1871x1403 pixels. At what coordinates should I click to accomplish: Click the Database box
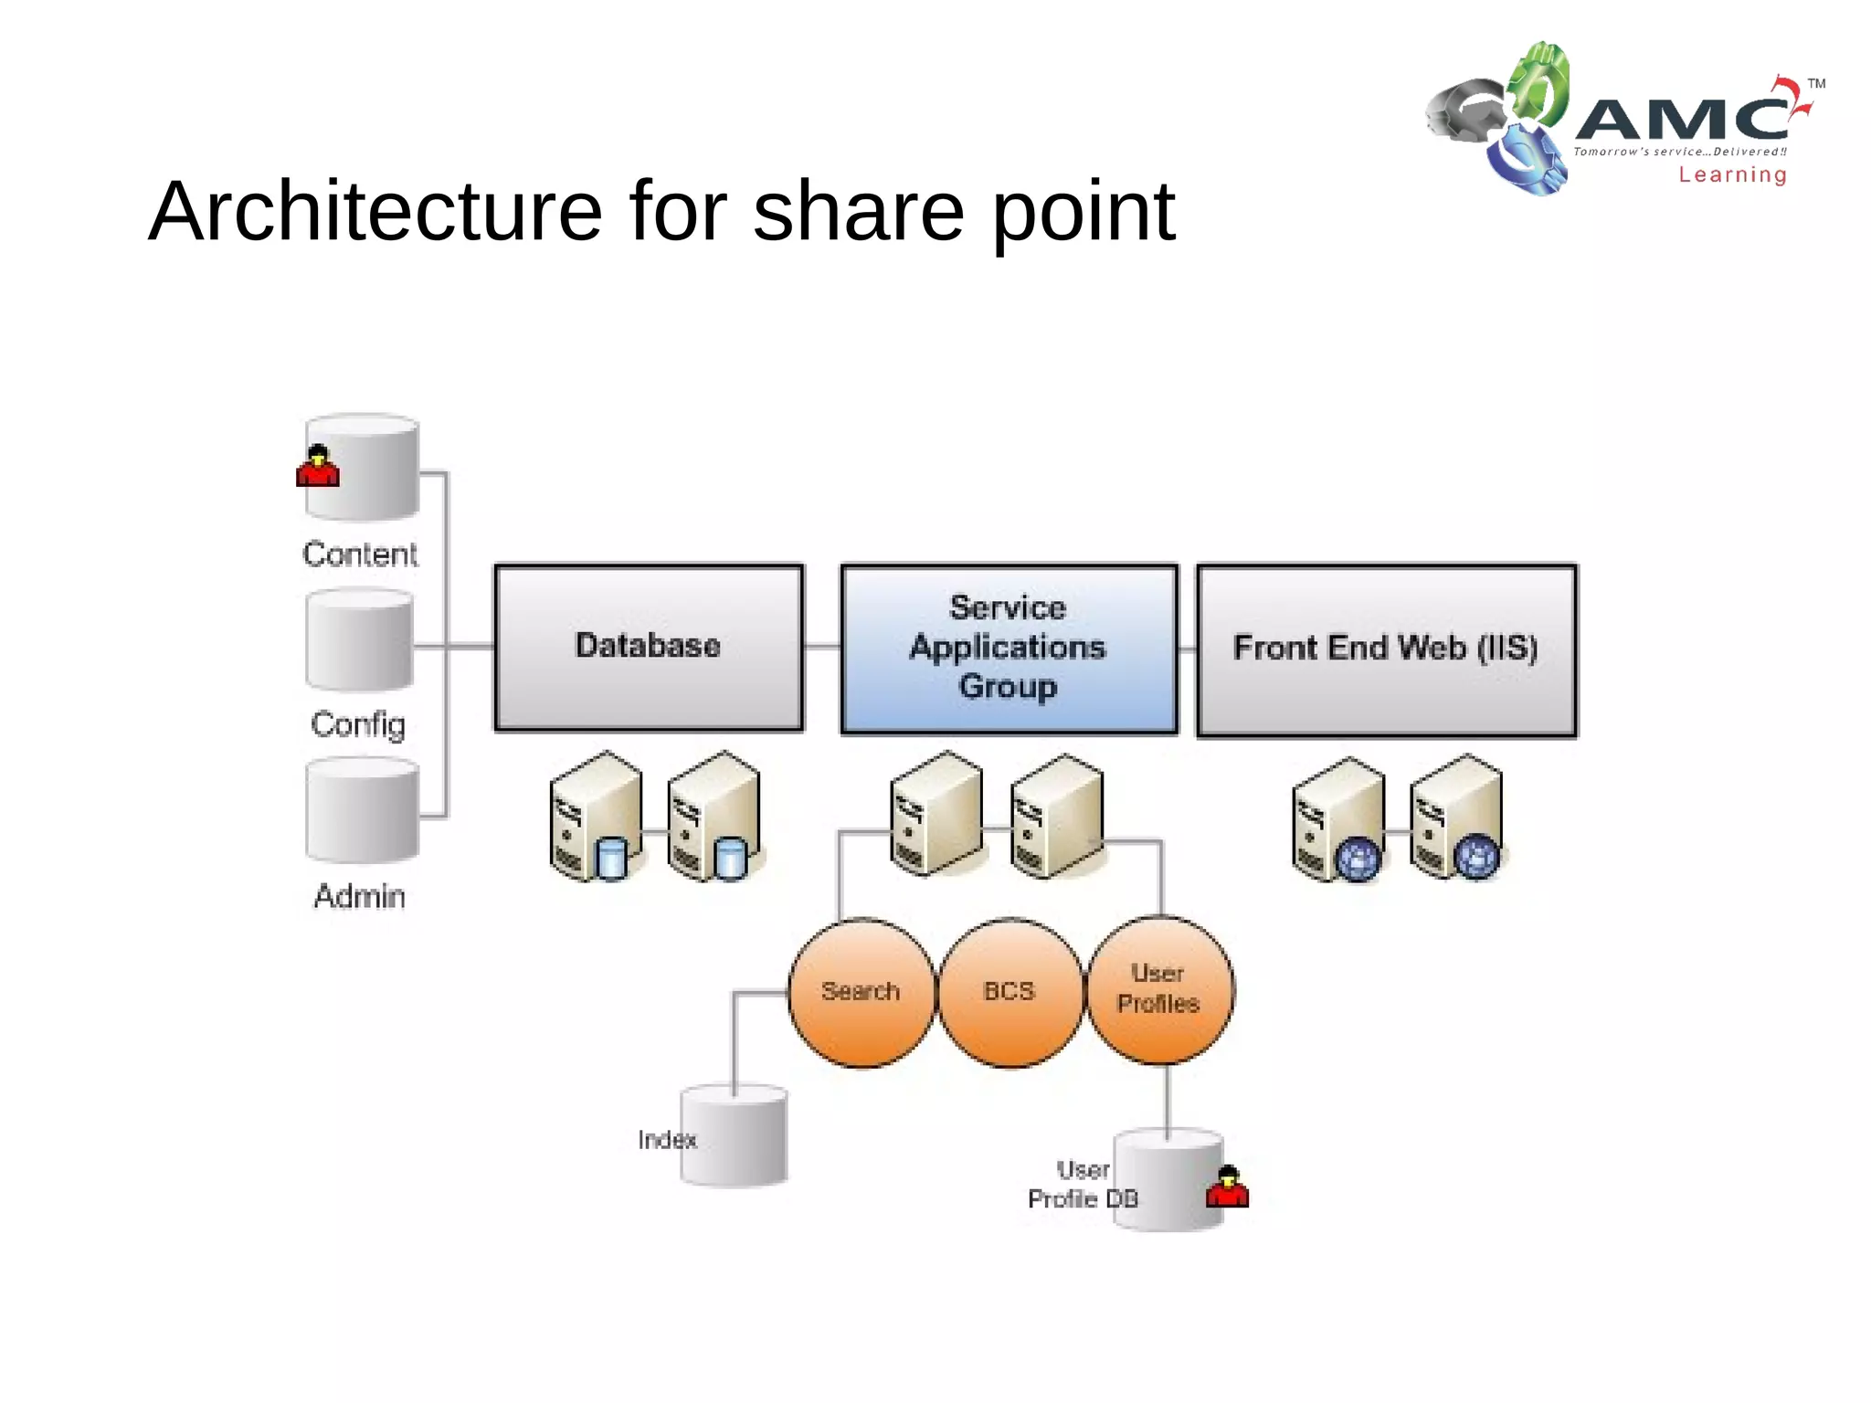click(649, 647)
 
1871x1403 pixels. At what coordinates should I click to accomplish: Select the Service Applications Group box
click(1009, 648)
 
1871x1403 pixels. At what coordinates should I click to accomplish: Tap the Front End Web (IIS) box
click(1386, 649)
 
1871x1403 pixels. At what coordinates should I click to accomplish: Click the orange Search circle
click(861, 993)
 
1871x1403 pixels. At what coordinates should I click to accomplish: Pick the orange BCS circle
click(1009, 993)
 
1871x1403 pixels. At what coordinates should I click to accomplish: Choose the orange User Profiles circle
click(1158, 990)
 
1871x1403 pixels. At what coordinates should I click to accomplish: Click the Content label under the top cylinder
click(360, 554)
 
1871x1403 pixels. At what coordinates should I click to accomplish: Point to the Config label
click(358, 724)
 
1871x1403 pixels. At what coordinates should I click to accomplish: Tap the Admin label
click(360, 896)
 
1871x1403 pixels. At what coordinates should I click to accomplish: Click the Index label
click(667, 1139)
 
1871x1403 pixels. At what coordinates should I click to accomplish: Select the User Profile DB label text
click(1083, 1185)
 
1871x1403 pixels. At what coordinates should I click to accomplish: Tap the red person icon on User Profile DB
click(1227, 1187)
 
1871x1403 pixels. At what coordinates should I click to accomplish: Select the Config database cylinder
click(360, 640)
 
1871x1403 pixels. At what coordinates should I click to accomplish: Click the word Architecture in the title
click(375, 211)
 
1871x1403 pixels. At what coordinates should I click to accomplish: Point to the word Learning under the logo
click(1732, 174)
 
